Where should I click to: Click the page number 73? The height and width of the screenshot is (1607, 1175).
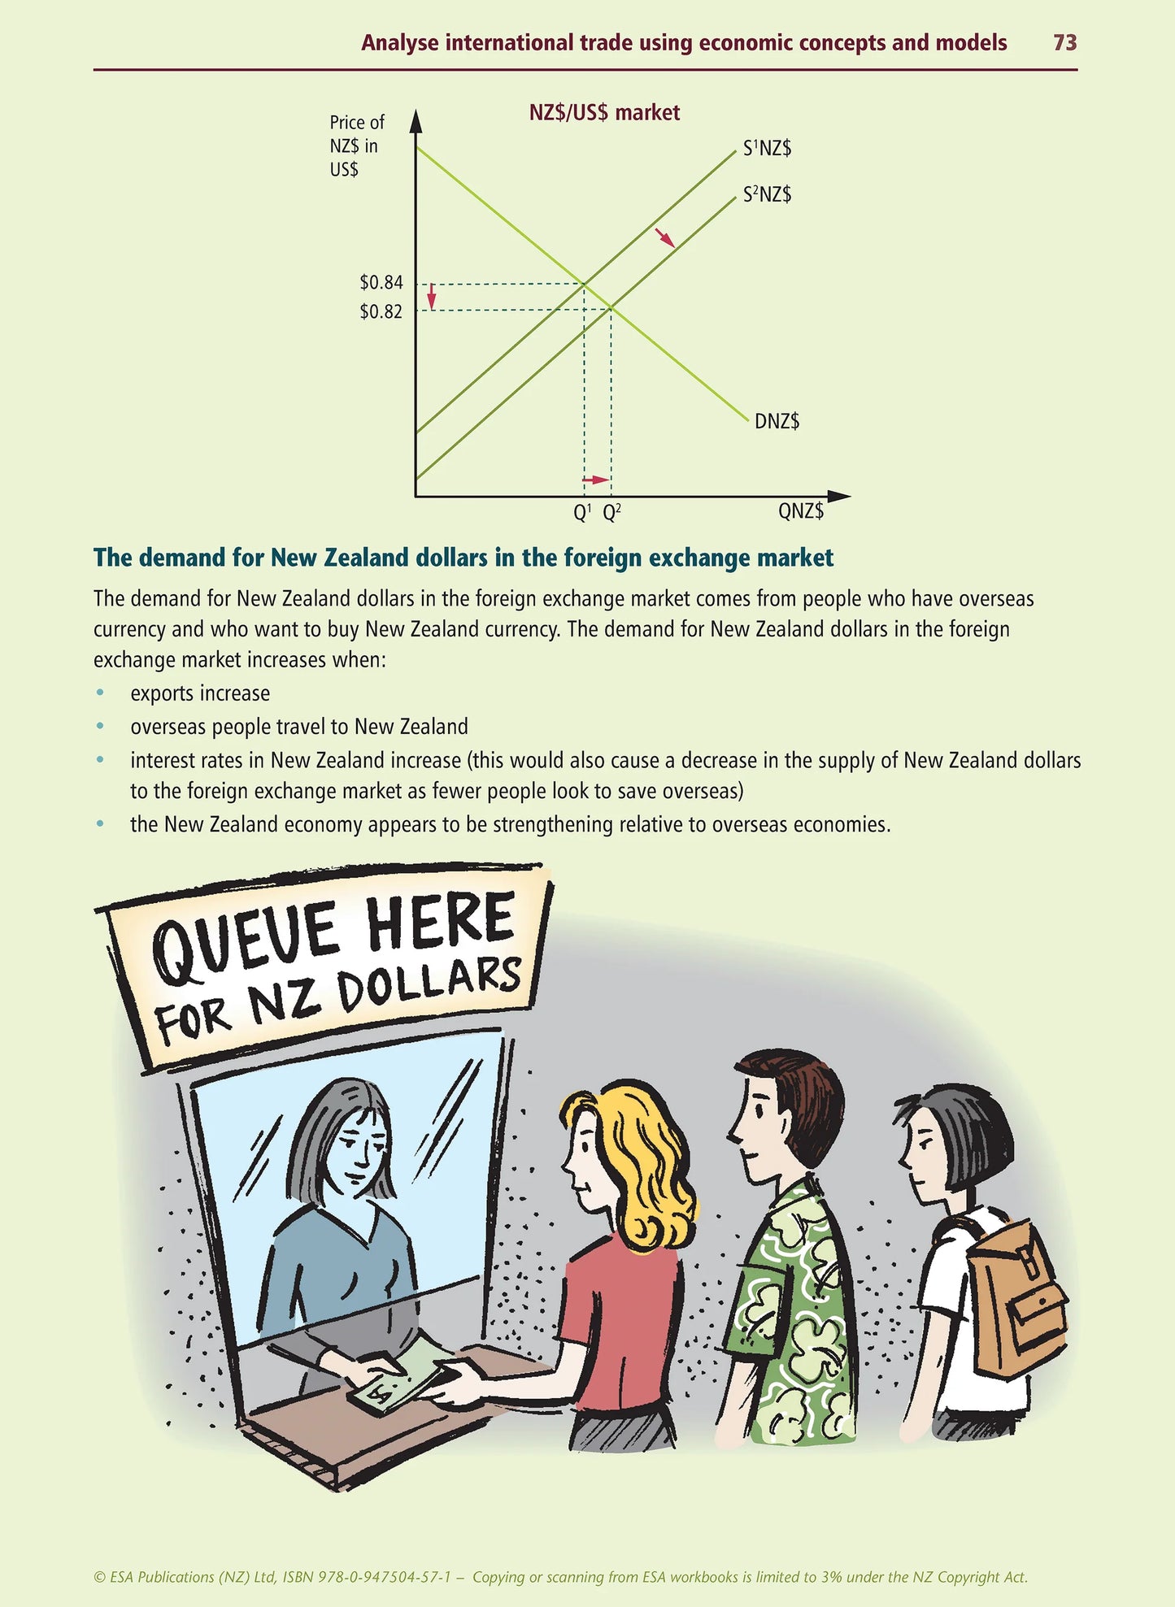[x=1064, y=43]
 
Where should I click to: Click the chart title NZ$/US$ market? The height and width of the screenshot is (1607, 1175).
[x=604, y=112]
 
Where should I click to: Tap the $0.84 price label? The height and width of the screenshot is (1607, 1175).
[x=381, y=283]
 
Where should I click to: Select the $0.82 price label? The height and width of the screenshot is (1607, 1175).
[x=381, y=311]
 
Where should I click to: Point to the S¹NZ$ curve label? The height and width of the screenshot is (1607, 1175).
[x=767, y=149]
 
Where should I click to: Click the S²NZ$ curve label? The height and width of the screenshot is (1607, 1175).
[x=767, y=194]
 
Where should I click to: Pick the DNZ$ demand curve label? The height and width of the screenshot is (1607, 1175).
[x=777, y=421]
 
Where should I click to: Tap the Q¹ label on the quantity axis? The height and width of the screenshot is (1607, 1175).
[x=582, y=513]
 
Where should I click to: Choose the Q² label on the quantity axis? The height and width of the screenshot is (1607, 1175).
[x=611, y=513]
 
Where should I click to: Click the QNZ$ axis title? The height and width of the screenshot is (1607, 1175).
[x=801, y=511]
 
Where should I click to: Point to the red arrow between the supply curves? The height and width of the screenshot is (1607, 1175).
[x=665, y=237]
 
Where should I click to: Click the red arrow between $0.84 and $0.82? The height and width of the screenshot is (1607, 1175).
[x=432, y=296]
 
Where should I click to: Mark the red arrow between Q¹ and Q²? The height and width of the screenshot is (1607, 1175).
[x=596, y=480]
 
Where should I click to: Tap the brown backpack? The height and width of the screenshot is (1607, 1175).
[x=1016, y=1301]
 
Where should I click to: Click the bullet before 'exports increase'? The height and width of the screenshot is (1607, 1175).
[x=100, y=693]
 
